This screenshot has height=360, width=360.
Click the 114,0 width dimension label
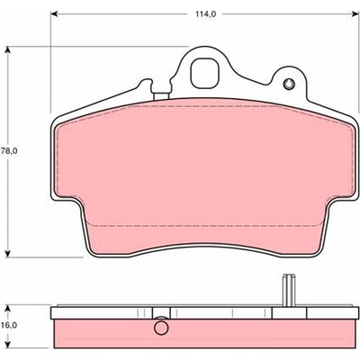206,13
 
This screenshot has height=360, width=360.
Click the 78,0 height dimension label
9,151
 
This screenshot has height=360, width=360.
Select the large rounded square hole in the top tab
204,73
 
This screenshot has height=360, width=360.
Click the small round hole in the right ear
289,84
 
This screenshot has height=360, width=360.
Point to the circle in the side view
161,328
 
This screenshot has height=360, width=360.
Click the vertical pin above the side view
288,291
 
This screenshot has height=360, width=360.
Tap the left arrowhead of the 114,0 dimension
54,13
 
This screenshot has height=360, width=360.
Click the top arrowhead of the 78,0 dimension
8,50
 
